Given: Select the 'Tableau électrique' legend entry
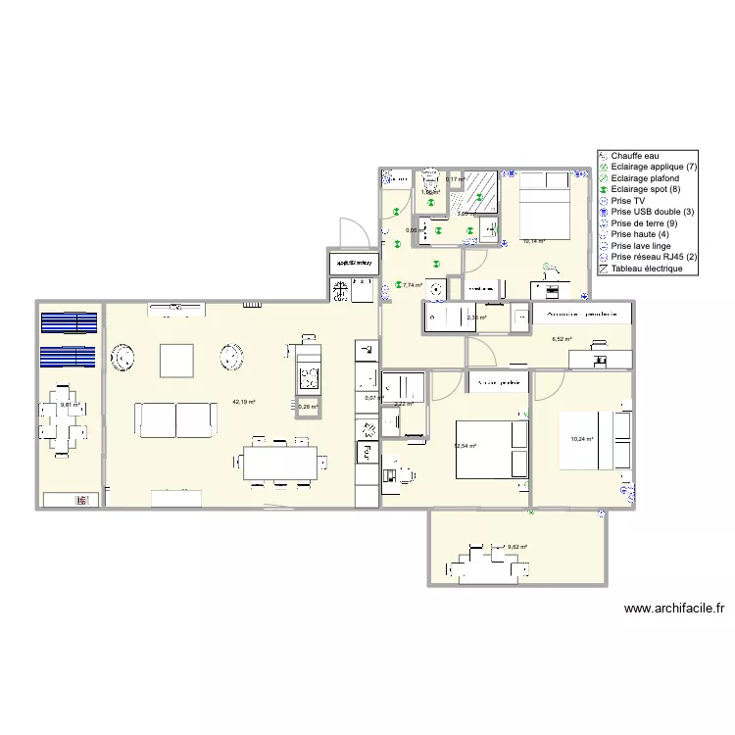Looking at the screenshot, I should (646, 269).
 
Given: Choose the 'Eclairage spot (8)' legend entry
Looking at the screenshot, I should (648, 190).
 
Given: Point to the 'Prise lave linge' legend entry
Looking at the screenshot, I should (643, 246).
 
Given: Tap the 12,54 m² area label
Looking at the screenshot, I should (465, 446).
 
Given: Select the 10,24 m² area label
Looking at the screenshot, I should (582, 439).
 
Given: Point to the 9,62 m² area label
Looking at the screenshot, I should (517, 547).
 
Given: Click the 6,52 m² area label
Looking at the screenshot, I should (562, 339).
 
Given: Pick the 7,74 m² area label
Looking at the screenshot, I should (413, 285).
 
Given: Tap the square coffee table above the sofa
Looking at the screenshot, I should (177, 360).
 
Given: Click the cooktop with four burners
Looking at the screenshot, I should (310, 376).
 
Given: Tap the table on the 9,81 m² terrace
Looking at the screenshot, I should (69, 429).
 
